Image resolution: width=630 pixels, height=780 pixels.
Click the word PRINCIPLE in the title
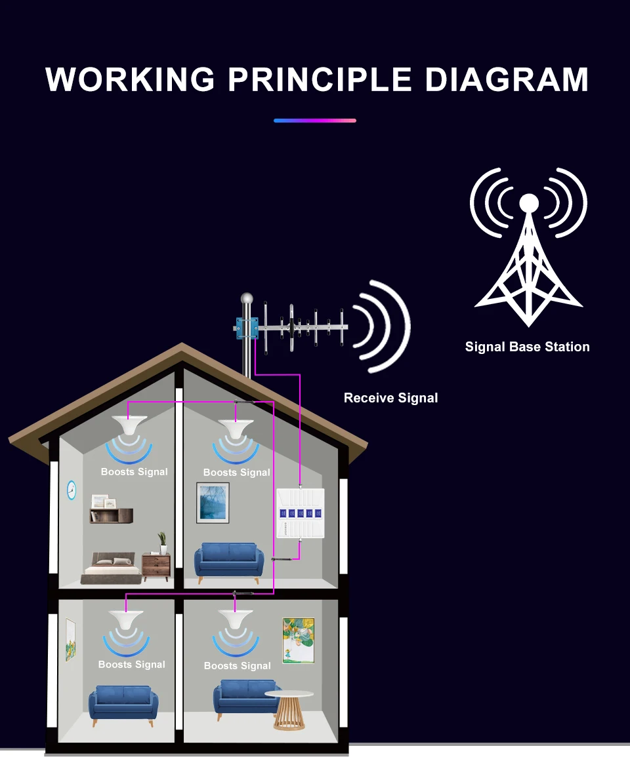(x=320, y=79)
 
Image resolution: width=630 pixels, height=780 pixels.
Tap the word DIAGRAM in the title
(x=506, y=79)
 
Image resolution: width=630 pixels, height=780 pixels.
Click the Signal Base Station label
(x=527, y=347)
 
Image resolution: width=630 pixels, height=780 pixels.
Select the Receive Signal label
(x=390, y=398)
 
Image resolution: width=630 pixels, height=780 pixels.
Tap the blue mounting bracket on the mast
(x=246, y=326)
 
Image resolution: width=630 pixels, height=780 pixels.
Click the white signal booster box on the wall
(x=301, y=514)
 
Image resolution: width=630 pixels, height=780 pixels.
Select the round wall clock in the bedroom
(x=72, y=489)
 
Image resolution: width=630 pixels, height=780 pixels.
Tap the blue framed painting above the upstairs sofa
(x=213, y=503)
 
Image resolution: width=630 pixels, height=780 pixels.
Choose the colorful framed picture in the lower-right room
(x=298, y=640)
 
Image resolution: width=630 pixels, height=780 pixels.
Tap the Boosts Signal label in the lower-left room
(x=131, y=665)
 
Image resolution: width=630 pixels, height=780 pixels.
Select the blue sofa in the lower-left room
(x=123, y=705)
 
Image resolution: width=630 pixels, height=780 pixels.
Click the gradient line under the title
(x=315, y=121)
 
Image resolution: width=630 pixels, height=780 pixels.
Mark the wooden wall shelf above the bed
(x=112, y=516)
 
